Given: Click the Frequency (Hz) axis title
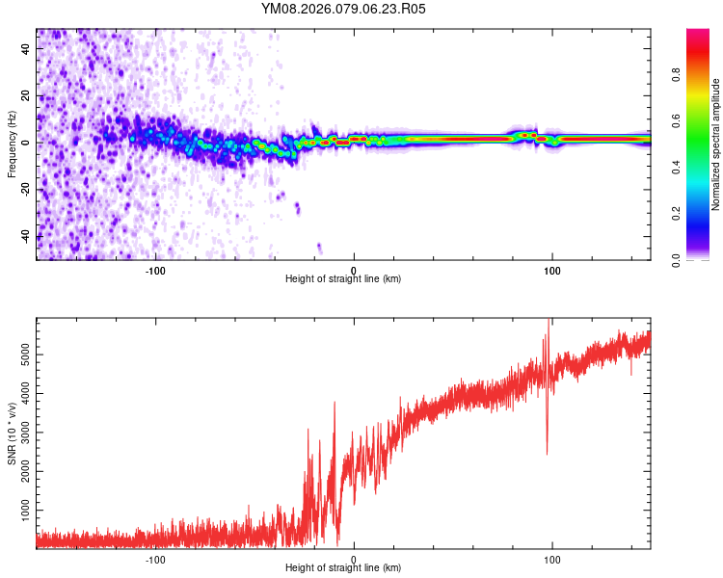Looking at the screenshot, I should pos(12,144).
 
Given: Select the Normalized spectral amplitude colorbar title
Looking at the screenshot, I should pos(716,144).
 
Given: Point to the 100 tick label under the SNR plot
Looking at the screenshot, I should pos(552,559).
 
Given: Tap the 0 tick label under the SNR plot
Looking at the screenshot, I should pos(354,559).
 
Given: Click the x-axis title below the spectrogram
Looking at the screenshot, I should pos(343,279).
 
